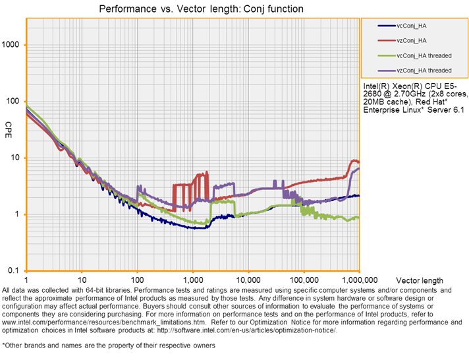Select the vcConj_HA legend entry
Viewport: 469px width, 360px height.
pyautogui.click(x=414, y=26)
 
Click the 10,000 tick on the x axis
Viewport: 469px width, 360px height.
pyautogui.click(x=248, y=280)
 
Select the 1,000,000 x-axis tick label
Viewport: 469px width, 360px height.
pyautogui.click(x=358, y=280)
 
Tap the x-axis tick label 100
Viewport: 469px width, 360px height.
pyautogui.click(x=137, y=280)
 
